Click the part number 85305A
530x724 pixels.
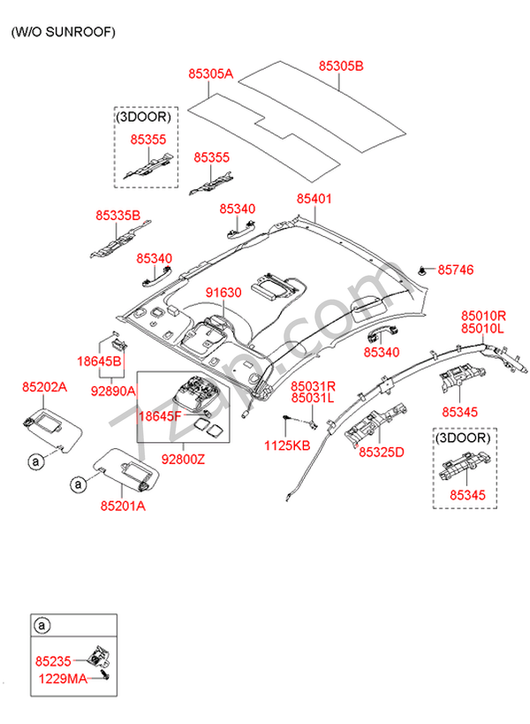tap(209, 74)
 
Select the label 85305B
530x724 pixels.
tap(341, 65)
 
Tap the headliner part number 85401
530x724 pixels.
tap(314, 199)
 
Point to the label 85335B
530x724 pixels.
tap(118, 214)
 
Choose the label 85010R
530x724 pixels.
tap(482, 316)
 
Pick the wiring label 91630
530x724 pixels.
tap(223, 292)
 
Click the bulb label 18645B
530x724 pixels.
tap(99, 362)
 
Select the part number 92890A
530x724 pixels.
tap(113, 390)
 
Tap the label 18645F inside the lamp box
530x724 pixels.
tap(162, 415)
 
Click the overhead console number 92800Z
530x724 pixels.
tap(183, 459)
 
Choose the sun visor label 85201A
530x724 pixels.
tap(122, 506)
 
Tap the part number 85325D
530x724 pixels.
tap(381, 452)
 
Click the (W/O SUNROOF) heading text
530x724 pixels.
tap(63, 32)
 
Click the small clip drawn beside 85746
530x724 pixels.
tap(425, 269)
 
